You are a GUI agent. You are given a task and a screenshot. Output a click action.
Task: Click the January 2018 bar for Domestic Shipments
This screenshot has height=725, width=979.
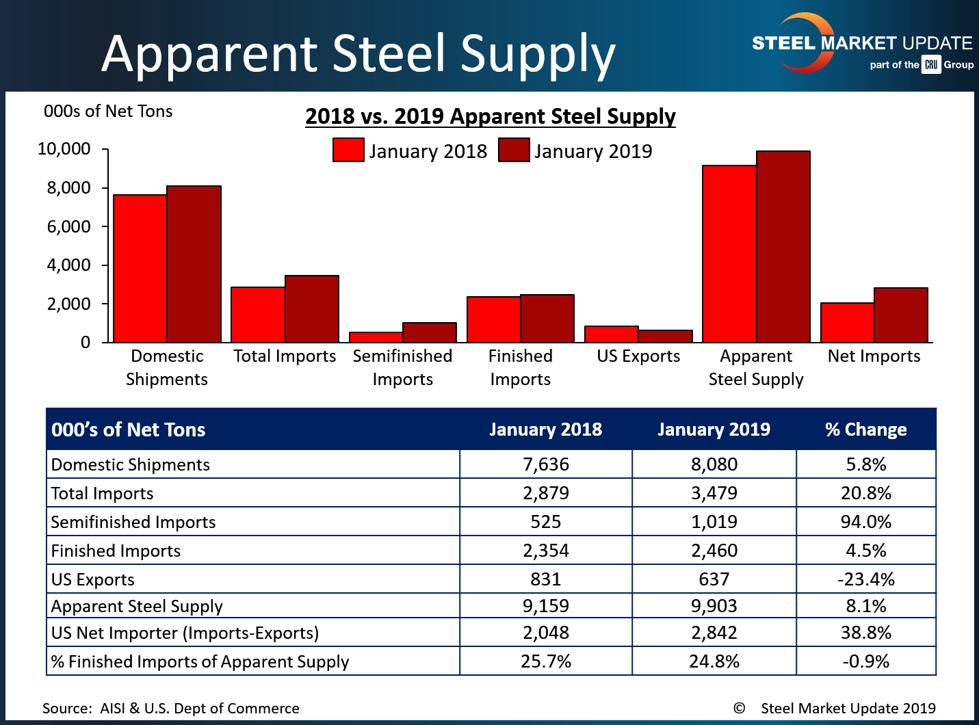[x=140, y=268]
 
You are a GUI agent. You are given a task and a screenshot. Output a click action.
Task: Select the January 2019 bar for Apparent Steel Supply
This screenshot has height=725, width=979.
[x=783, y=246]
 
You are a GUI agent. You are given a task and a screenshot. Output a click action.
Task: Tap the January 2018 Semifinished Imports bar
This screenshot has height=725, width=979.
[x=376, y=337]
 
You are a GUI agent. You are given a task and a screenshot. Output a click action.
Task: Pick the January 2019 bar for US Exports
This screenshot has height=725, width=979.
[x=665, y=336]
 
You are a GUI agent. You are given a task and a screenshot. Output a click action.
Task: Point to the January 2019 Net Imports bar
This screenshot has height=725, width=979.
[x=900, y=315]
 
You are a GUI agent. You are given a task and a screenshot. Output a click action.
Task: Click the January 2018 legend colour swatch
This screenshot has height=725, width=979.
[x=348, y=150]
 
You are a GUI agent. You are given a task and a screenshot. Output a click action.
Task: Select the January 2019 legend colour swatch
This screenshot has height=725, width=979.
[x=514, y=150]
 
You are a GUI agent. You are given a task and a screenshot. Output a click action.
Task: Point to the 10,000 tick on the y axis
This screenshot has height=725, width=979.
[x=64, y=149]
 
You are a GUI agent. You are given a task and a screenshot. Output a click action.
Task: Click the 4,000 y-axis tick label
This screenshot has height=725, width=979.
[x=68, y=265]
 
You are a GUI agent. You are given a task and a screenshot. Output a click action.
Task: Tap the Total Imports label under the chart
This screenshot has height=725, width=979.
[x=285, y=356]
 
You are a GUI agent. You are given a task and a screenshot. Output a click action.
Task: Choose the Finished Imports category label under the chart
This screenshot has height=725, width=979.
[x=520, y=367]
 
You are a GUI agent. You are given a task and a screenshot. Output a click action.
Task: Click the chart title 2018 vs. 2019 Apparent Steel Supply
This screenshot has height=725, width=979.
[x=490, y=116]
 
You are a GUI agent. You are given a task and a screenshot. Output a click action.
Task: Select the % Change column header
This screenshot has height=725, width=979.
[x=865, y=430]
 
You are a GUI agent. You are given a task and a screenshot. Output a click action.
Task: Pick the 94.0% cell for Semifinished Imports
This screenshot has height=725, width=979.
[x=865, y=522]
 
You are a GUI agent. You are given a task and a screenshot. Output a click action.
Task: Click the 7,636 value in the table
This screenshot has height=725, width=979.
[x=545, y=464]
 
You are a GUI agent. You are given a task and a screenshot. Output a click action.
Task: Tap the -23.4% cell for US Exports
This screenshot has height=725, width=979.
[x=865, y=579]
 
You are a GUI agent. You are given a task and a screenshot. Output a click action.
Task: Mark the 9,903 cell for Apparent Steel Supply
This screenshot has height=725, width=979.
[x=714, y=606]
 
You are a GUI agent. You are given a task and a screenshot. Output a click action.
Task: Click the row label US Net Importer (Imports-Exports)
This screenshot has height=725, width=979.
[x=185, y=633]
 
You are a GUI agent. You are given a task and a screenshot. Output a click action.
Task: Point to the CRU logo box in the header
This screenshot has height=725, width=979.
[x=931, y=64]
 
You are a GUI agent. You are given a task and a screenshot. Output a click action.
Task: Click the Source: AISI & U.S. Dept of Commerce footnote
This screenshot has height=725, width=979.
[x=171, y=708]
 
